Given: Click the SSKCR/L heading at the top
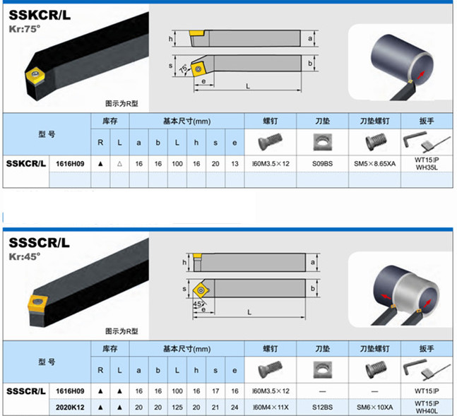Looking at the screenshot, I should tap(40, 11).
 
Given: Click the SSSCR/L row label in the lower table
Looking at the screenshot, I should tap(26, 391).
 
